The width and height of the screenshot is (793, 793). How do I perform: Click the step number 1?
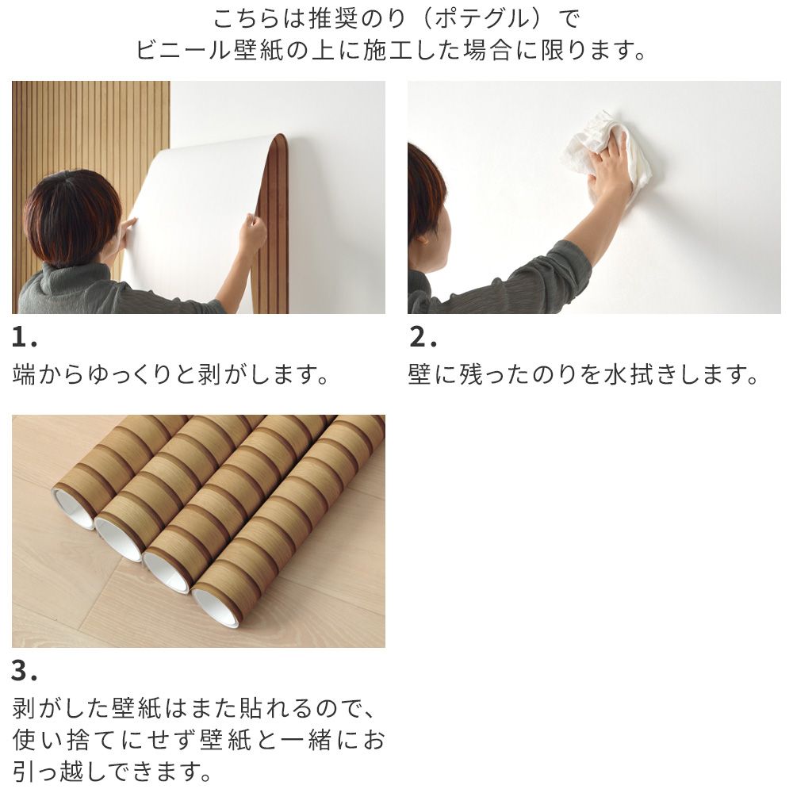click(x=24, y=339)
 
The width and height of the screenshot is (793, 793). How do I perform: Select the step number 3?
click(x=24, y=672)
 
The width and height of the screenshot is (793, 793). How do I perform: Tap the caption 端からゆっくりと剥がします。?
click(x=170, y=374)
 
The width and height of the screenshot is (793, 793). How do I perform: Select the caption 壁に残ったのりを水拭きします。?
click(x=584, y=374)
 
